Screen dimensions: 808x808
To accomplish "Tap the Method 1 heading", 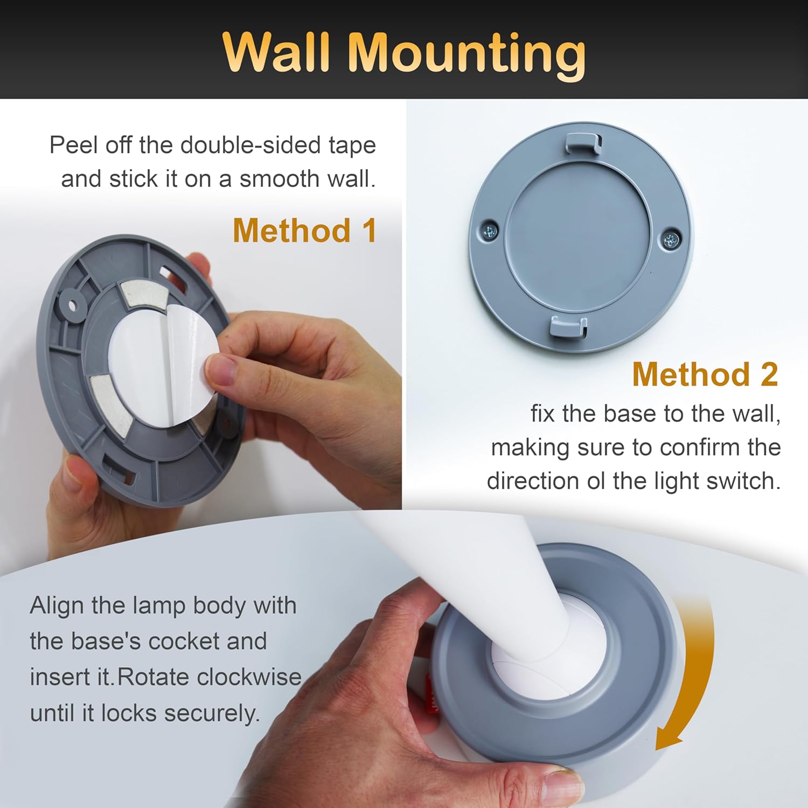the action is point(304,231).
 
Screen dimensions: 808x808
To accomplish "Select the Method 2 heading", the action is point(705,374).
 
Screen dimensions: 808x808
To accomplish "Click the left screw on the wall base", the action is point(490,231).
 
